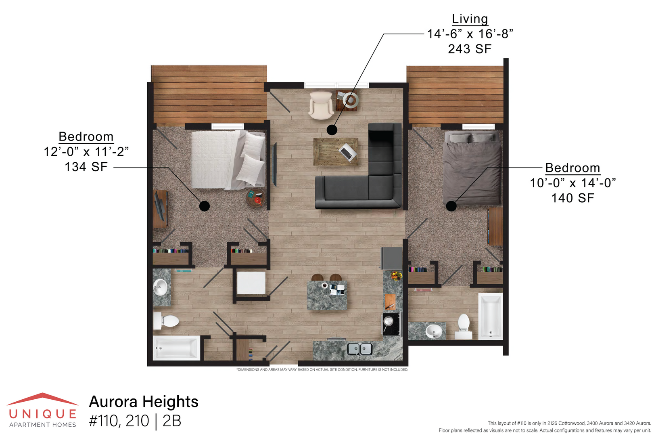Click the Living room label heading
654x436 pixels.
tap(470, 19)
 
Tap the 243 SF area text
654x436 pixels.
tap(470, 49)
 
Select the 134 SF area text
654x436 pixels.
tap(86, 167)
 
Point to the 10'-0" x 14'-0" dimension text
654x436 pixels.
tap(573, 183)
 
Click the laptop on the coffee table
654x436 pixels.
tap(348, 152)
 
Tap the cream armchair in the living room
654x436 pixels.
tap(321, 105)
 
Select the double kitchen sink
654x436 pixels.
tap(360, 349)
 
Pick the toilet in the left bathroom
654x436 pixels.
tap(166, 321)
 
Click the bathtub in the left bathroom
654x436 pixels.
tap(177, 348)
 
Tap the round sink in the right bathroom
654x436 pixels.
tap(434, 331)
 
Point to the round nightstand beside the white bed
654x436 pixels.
tap(256, 198)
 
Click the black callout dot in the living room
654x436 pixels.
tap(332, 130)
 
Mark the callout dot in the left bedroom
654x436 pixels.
tap(205, 206)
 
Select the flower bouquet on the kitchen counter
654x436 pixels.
tap(396, 276)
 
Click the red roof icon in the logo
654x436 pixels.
tap(43, 399)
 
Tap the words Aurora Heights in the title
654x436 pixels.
tap(144, 402)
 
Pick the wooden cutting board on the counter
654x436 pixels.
tap(391, 302)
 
